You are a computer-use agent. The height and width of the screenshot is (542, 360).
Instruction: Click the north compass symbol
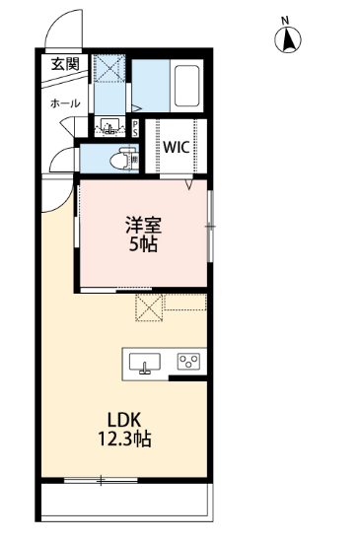(x=288, y=39)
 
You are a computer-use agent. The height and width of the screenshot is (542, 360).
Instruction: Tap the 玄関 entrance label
(x=65, y=64)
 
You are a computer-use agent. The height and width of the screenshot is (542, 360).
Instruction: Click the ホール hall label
(x=65, y=103)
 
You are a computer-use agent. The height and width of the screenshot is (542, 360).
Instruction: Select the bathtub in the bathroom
(x=186, y=86)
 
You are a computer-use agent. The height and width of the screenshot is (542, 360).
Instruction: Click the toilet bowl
(x=119, y=160)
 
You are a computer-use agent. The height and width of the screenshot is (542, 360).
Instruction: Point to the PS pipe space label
(x=135, y=128)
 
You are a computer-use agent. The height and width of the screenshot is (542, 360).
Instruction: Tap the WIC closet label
(x=177, y=147)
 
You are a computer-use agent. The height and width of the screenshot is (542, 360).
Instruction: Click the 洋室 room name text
(x=143, y=225)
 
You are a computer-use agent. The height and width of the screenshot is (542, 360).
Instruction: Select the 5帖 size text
(x=144, y=244)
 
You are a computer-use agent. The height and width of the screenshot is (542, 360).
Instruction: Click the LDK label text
(x=124, y=420)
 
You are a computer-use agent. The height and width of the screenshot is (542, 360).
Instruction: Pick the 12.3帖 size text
(x=125, y=439)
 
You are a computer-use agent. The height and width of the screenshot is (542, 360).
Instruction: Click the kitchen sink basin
(x=145, y=362)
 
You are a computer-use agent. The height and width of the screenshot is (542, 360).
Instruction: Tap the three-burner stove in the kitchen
(x=188, y=362)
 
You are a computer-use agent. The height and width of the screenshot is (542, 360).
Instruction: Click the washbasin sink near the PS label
(x=109, y=126)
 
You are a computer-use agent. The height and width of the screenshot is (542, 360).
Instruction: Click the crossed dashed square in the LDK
(x=149, y=307)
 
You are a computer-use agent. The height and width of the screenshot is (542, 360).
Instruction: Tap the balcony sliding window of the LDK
(x=101, y=480)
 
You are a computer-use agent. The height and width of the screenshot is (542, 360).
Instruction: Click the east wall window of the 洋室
(x=209, y=227)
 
